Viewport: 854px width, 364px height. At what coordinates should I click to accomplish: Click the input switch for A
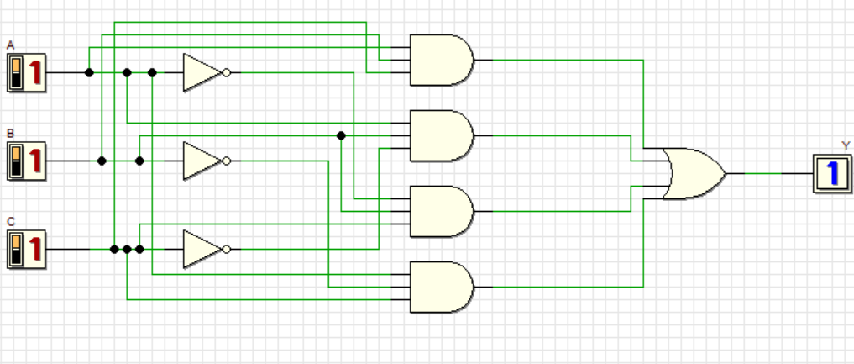(x=25, y=72)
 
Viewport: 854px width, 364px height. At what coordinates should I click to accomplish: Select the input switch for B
(x=25, y=161)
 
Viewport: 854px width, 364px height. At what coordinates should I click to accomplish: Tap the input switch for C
(x=25, y=249)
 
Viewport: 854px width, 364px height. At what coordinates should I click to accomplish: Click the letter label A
(x=10, y=44)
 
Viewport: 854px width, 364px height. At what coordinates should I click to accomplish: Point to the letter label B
(x=10, y=133)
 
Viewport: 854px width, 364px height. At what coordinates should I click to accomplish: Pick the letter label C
(x=10, y=221)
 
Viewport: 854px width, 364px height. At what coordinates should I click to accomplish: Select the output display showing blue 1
(x=830, y=173)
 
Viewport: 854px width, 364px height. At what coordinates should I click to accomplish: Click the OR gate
(x=693, y=173)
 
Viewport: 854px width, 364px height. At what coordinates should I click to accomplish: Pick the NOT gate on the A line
(x=202, y=72)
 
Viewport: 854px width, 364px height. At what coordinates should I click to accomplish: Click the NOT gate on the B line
(x=202, y=161)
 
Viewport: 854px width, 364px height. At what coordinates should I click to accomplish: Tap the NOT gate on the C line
(x=202, y=249)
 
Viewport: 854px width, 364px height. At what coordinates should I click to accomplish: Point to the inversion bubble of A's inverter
(x=227, y=72)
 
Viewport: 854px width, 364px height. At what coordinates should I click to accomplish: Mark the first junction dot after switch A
(x=89, y=72)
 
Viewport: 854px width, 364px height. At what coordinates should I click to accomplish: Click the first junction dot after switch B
(x=102, y=161)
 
